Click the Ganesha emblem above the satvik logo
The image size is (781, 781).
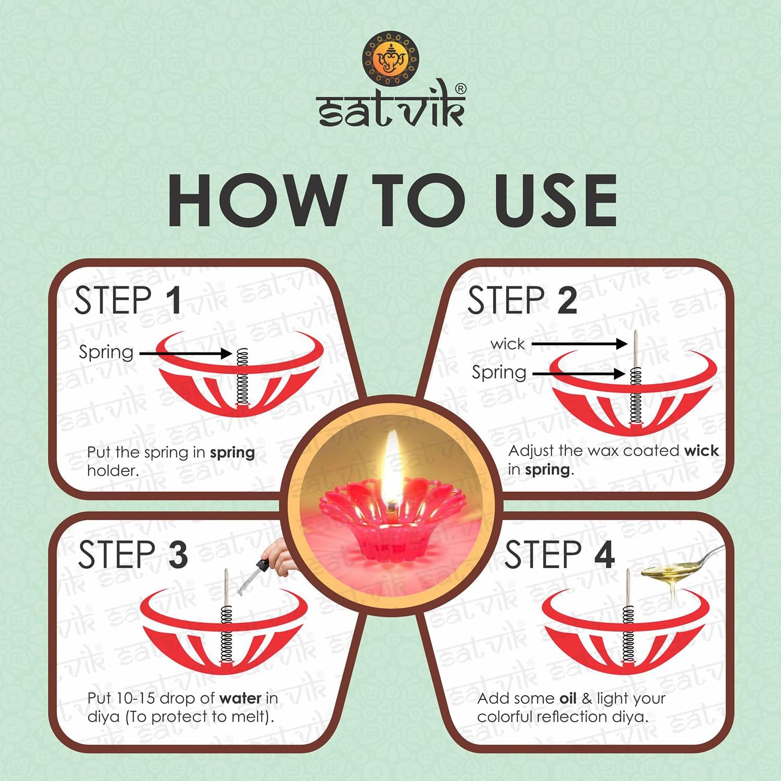(391, 58)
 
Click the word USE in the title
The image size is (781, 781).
(556, 200)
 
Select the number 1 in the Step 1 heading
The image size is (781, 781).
(173, 300)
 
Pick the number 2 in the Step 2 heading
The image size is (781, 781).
(567, 300)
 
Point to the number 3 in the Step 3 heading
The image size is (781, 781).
(178, 555)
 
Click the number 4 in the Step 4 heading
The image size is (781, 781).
(604, 555)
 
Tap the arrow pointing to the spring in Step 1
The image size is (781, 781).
(185, 354)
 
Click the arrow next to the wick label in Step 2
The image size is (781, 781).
(580, 344)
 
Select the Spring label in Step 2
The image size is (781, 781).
(499, 373)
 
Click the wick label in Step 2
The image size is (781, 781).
(508, 344)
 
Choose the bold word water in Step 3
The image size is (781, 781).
(241, 698)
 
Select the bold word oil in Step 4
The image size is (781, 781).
(568, 698)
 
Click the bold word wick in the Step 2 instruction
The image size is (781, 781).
(702, 450)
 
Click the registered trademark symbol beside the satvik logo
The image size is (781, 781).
(461, 89)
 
